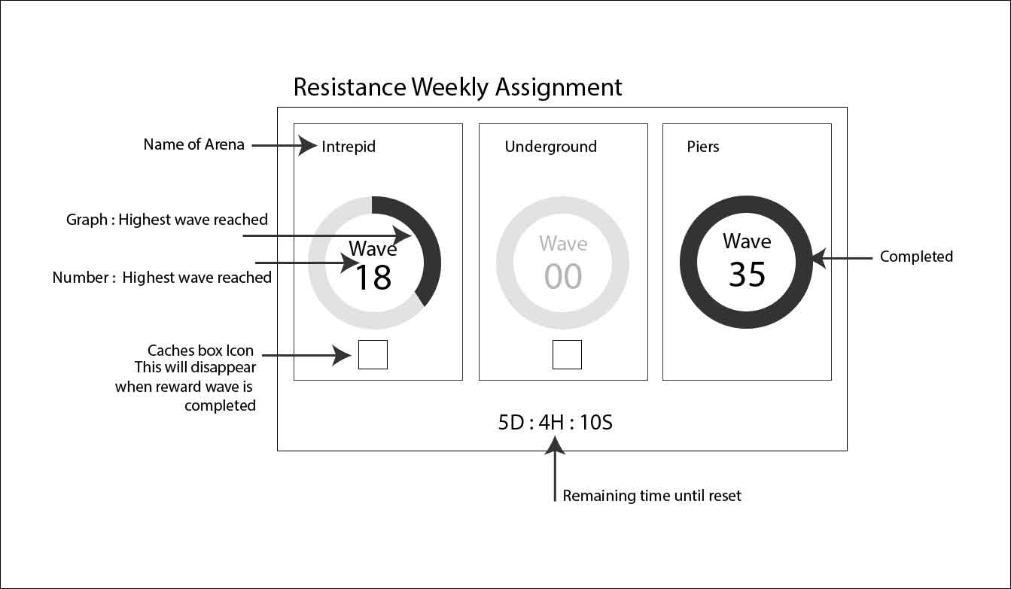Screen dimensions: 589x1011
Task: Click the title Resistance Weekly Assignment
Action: point(458,87)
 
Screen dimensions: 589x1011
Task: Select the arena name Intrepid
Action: point(348,147)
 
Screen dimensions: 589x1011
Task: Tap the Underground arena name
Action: point(550,147)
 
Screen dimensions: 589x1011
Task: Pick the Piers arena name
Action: point(703,147)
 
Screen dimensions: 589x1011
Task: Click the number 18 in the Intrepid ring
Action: point(373,278)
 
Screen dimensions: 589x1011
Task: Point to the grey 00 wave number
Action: point(563,277)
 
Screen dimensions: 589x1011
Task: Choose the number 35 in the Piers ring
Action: point(747,275)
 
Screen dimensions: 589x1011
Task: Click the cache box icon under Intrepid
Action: point(373,354)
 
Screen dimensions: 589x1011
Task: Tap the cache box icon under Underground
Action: point(567,354)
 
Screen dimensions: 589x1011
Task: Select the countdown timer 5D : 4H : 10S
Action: point(555,423)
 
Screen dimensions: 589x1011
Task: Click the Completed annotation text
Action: point(916,257)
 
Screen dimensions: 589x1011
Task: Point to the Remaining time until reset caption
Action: point(652,496)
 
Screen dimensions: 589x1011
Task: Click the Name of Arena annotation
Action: point(194,144)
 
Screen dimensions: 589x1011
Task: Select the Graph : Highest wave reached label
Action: point(167,220)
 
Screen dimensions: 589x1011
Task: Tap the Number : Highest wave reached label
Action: point(162,278)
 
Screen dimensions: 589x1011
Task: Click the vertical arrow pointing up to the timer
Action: point(556,470)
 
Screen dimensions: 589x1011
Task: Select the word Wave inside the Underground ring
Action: point(563,244)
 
